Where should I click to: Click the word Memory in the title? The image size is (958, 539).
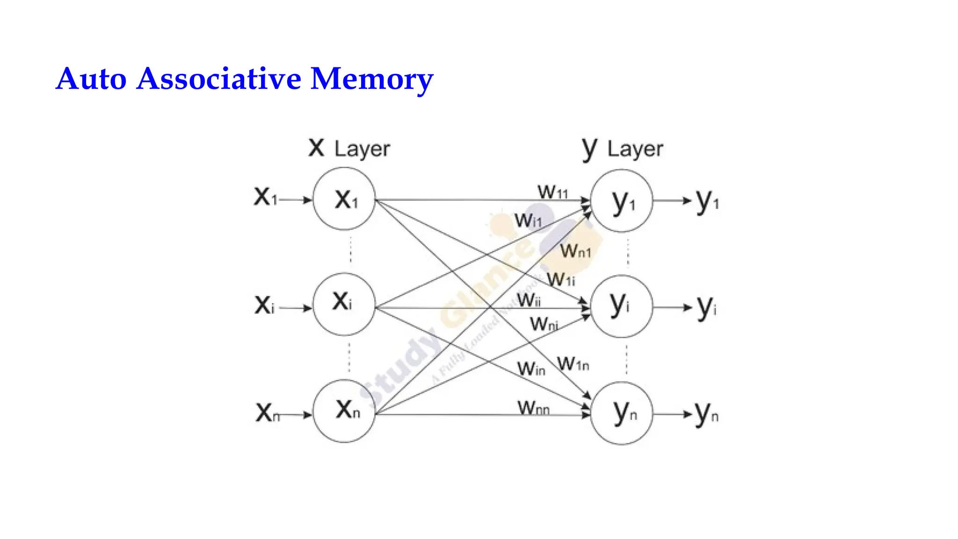[372, 79]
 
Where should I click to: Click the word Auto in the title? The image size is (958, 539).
[91, 79]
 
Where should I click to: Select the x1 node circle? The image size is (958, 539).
[344, 199]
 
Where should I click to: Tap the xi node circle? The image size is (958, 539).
[344, 304]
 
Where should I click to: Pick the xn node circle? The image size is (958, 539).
[344, 411]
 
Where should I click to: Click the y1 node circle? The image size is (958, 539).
[621, 201]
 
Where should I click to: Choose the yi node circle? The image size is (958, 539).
[621, 306]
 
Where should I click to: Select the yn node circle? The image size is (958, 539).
[621, 413]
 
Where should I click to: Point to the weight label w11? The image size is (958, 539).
[552, 192]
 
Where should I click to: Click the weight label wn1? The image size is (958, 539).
[576, 251]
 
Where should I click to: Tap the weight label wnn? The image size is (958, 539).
[533, 408]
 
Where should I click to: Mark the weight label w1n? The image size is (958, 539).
[573, 364]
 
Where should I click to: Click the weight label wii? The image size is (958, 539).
[529, 300]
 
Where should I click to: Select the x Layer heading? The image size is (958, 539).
[349, 148]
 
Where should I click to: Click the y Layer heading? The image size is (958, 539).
[623, 149]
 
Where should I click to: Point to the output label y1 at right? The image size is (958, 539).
[707, 201]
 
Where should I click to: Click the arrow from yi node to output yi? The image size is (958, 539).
[672, 307]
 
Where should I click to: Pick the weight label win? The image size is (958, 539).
[531, 369]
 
